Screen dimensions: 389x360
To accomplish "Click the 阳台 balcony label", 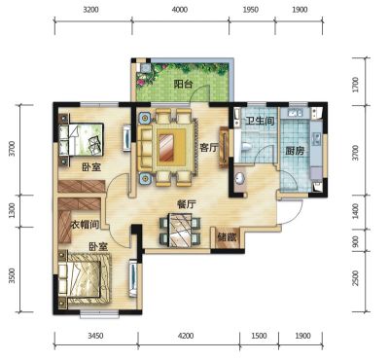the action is (x=184, y=85).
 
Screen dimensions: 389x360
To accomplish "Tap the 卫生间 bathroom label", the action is (x=260, y=122).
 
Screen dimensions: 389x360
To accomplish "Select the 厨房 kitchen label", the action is (x=295, y=151).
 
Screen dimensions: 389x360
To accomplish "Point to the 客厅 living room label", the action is (x=209, y=148).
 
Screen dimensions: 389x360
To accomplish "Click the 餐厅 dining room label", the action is (x=187, y=204).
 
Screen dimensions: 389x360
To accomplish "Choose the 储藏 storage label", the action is (x=228, y=237).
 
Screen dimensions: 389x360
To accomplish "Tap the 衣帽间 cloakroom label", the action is (x=85, y=225).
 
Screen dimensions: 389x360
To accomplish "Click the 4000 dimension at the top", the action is (x=180, y=10).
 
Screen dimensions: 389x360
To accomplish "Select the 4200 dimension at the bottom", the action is (x=186, y=336).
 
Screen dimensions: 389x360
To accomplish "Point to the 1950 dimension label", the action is (x=251, y=10).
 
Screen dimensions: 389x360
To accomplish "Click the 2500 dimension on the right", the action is (x=356, y=278).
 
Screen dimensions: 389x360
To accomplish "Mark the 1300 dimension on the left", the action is (x=12, y=210).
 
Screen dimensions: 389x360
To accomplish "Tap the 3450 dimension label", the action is (x=95, y=336).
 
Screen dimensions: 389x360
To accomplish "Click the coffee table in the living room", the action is (x=171, y=147).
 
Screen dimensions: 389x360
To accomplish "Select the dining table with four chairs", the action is (x=180, y=231).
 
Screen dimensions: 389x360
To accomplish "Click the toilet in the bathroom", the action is (x=246, y=147).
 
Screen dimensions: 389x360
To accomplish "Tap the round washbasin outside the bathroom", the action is (x=240, y=178).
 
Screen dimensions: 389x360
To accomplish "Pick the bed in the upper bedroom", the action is (x=81, y=139).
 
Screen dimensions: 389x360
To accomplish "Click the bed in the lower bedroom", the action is (x=85, y=278).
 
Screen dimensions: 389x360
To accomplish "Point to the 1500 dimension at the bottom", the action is (x=259, y=336).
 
